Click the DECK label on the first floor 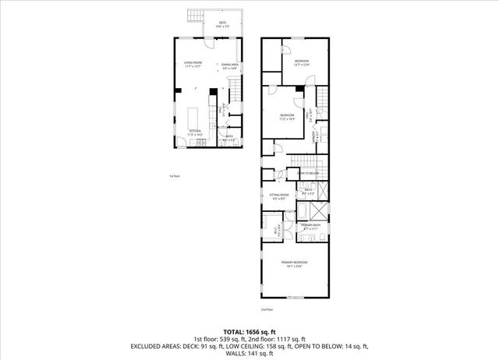pos(222,23)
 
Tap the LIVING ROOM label pos(193,65)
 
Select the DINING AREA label pos(230,65)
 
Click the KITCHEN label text pos(194,132)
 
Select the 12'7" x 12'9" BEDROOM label pos(303,62)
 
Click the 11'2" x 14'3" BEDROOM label pos(288,117)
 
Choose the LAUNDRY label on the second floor pos(313,136)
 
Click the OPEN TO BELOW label pos(308,172)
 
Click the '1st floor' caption pos(175,176)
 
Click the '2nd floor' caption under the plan pos(289,309)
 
